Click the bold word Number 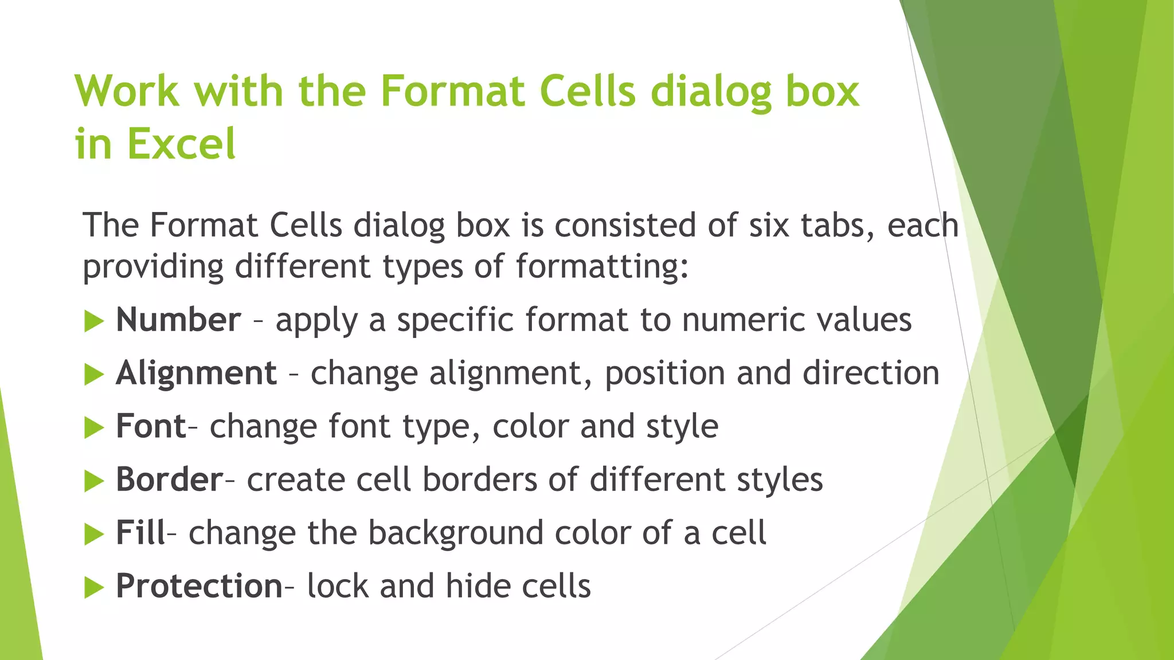click(178, 320)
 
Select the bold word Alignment click(197, 373)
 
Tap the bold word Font click(151, 426)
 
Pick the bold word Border click(169, 480)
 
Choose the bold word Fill click(140, 533)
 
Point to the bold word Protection click(199, 586)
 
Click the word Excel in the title click(181, 143)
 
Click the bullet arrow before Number click(93, 321)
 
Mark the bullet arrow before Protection click(93, 588)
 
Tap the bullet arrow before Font click(93, 428)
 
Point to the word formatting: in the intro click(602, 267)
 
